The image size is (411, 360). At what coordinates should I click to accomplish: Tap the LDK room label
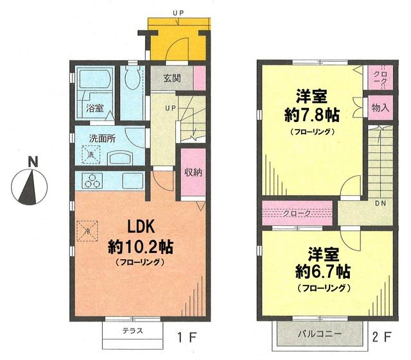[141, 228]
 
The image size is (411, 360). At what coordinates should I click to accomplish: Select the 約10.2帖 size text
[140, 246]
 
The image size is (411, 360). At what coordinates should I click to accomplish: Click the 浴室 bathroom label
[94, 108]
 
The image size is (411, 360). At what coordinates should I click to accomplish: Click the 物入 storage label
[380, 108]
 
